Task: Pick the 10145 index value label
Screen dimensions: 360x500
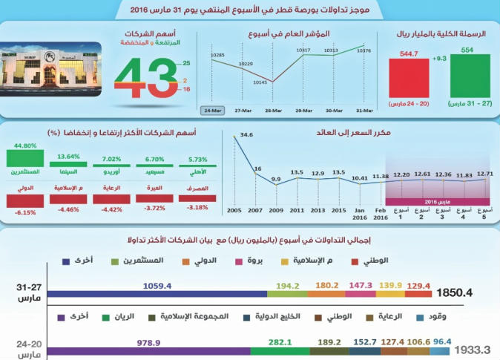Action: tap(260, 82)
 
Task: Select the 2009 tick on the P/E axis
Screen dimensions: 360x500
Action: tap(276, 211)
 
